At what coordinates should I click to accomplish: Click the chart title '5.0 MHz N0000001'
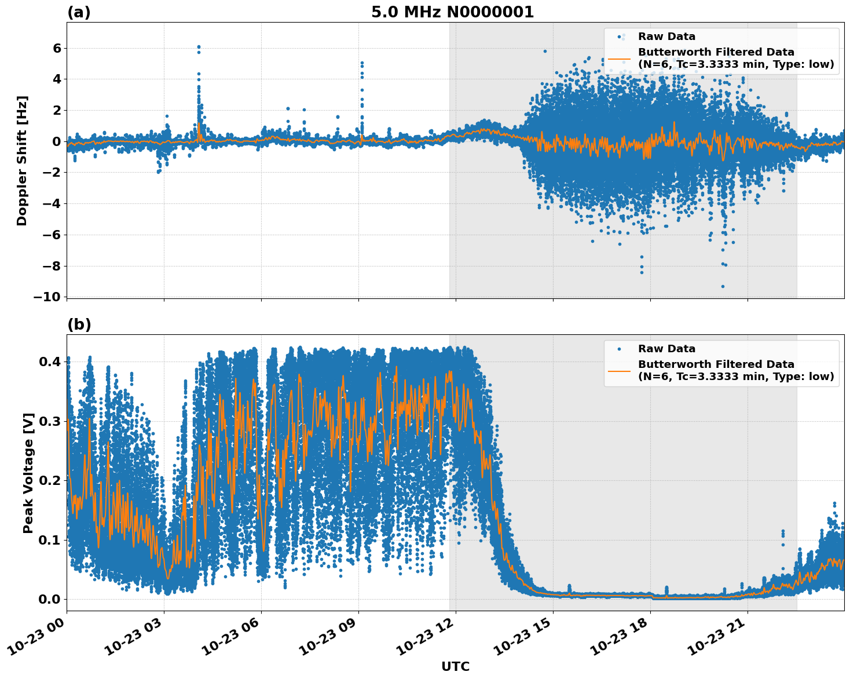tap(452, 12)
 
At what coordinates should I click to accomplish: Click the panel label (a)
tap(79, 12)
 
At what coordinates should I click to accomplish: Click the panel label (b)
tap(79, 324)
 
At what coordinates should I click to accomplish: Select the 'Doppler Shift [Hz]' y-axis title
tap(22, 160)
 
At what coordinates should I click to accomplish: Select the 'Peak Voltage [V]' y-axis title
tap(28, 473)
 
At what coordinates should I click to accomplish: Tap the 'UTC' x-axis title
tap(455, 666)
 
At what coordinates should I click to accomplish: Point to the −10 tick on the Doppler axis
tap(46, 297)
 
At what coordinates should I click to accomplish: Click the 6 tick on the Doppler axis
tap(56, 48)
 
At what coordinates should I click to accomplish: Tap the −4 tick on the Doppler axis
tap(49, 204)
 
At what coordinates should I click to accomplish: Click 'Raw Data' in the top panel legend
tap(666, 36)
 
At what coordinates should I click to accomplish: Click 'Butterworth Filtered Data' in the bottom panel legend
tap(716, 364)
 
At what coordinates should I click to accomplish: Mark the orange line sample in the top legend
tap(619, 58)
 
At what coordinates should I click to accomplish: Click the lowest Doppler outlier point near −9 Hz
tap(723, 286)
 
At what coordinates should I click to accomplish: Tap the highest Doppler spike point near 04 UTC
tap(199, 47)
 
